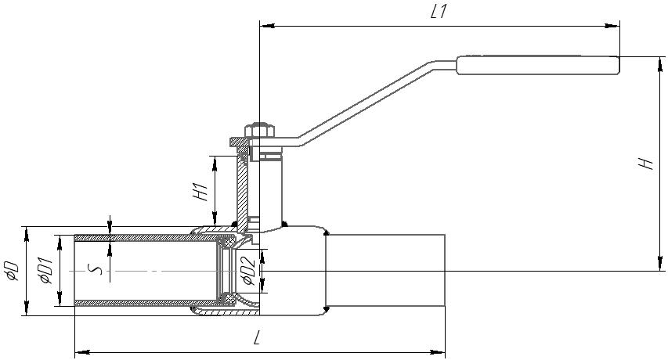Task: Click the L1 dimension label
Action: (439, 13)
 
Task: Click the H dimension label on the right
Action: (645, 164)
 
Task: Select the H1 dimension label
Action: (200, 190)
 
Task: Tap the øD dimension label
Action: (12, 269)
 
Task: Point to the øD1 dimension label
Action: (45, 269)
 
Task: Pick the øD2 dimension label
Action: (246, 270)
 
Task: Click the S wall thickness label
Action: (96, 269)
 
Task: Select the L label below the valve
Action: (258, 338)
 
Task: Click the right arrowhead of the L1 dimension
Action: (615, 26)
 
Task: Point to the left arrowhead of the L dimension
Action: (79, 353)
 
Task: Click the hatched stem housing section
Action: (244, 188)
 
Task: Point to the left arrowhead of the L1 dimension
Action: (264, 26)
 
